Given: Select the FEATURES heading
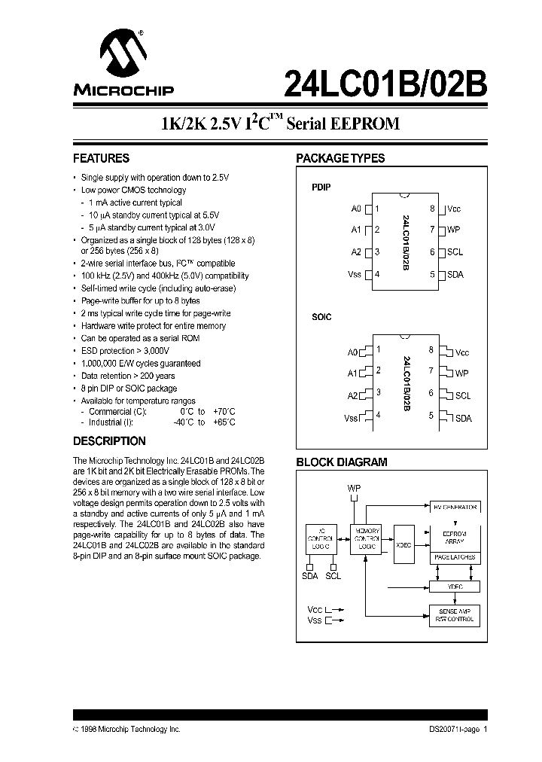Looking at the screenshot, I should pyautogui.click(x=101, y=159).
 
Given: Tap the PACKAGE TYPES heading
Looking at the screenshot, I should pyautogui.click(x=340, y=159).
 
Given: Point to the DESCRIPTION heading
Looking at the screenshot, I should pyautogui.click(x=109, y=441).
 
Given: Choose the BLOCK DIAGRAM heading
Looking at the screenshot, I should pyautogui.click(x=342, y=462).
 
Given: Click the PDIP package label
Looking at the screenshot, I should pyautogui.click(x=321, y=186).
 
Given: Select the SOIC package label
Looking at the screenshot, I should pyautogui.click(x=321, y=317).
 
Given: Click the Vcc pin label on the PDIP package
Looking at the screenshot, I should pyautogui.click(x=454, y=209).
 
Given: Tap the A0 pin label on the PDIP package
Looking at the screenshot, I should pyautogui.click(x=356, y=209).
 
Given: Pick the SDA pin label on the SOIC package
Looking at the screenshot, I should pyautogui.click(x=463, y=418).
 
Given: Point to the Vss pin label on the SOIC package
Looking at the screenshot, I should pyautogui.click(x=351, y=418).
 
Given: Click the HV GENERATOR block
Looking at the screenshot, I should pyautogui.click(x=453, y=507).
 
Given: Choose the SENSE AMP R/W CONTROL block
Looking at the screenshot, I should pyautogui.click(x=453, y=615).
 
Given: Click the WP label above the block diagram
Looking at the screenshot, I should pyautogui.click(x=354, y=489).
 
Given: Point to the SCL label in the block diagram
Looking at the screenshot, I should pyautogui.click(x=333, y=576).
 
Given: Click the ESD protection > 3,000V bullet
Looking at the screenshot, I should pyautogui.click(x=125, y=351).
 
